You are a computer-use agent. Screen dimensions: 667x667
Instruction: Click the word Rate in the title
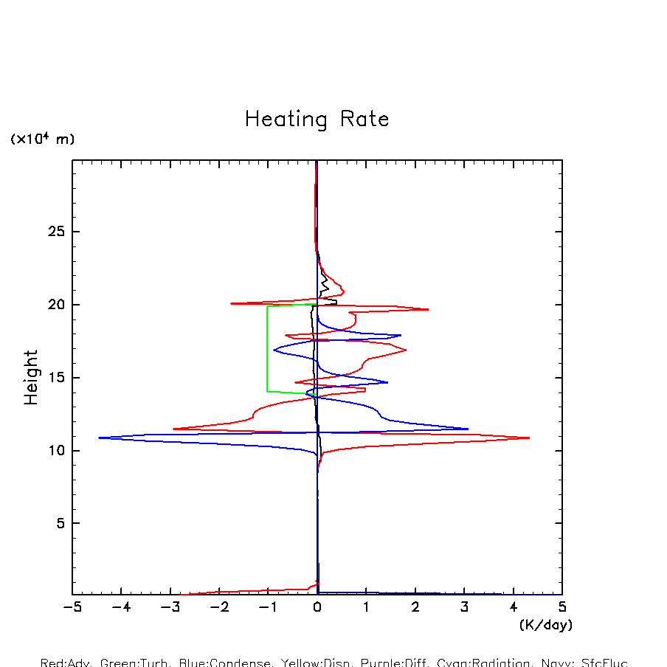364,120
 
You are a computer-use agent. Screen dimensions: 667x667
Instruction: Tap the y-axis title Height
31,378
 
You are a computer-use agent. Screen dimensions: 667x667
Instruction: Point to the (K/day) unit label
545,625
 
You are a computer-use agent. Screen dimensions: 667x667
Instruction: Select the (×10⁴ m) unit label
42,139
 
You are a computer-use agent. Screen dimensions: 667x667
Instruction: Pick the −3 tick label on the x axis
170,607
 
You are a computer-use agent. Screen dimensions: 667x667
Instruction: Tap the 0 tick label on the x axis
317,607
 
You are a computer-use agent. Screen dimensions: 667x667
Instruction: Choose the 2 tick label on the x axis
415,607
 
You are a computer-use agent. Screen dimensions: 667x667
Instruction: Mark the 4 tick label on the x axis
514,607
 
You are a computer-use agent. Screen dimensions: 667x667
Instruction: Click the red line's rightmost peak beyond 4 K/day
528,438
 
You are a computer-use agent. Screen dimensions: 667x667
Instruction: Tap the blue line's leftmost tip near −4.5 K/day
100,438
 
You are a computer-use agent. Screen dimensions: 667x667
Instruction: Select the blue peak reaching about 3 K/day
467,429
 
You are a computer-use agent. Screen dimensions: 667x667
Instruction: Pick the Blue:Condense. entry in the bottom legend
224,663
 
